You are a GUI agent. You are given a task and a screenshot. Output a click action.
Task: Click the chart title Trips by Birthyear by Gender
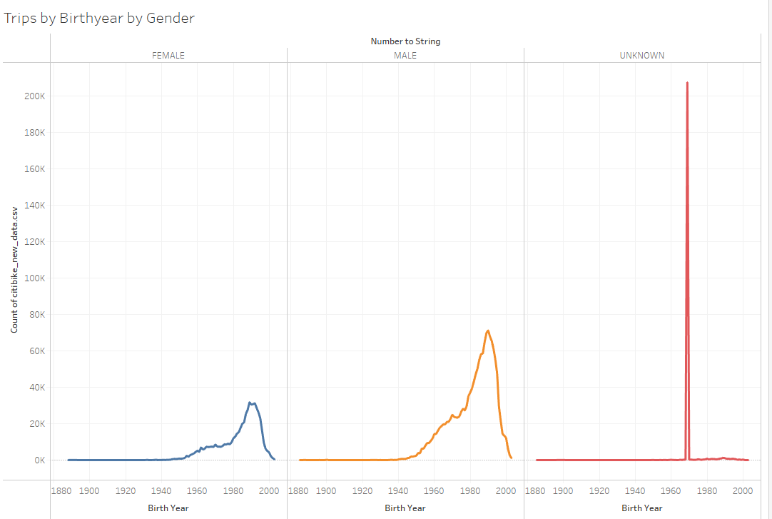coord(99,19)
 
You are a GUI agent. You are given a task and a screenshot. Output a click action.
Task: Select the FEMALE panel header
coord(168,55)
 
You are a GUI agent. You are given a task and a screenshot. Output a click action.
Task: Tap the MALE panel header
coord(405,55)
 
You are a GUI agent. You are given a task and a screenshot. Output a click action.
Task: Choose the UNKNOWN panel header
coord(642,55)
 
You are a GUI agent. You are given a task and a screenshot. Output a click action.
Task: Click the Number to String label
coord(405,41)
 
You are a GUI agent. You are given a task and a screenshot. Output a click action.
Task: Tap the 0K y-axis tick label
coord(39,460)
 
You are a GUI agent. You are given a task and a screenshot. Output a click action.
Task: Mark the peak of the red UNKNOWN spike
coord(687,83)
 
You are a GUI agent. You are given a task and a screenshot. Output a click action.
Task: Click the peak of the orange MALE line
coord(488,331)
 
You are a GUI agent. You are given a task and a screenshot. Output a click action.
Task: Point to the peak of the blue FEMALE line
coord(250,403)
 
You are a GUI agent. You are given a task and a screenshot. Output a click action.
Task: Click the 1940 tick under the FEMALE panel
coord(161,491)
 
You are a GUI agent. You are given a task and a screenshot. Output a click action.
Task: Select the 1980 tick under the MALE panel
coord(470,491)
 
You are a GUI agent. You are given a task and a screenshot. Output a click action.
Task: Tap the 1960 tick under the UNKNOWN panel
coord(671,491)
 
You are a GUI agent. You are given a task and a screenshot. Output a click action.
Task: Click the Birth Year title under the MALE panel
coord(405,508)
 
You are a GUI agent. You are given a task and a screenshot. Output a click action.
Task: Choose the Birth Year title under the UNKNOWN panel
coord(642,508)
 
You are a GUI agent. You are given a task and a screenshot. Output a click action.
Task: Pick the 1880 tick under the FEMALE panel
coord(61,491)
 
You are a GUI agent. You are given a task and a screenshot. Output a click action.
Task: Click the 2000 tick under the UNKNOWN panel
coord(743,491)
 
